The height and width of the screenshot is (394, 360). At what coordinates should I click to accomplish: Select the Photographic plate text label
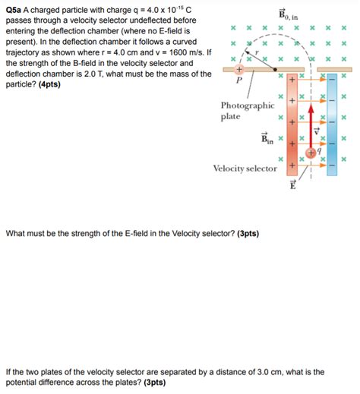tap(247, 111)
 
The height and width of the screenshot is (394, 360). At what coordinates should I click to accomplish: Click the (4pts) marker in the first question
tap(48, 84)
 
